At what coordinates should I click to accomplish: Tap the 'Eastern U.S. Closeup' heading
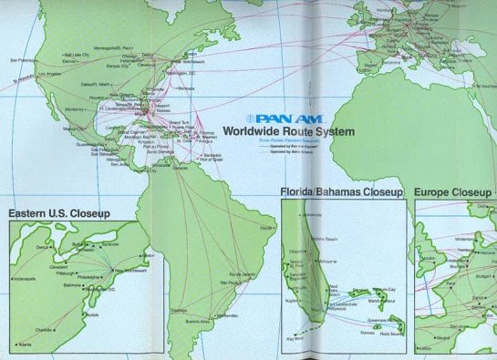click(x=59, y=213)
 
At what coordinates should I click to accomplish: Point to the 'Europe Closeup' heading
click(x=453, y=192)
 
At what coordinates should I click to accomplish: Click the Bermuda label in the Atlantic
click(x=186, y=88)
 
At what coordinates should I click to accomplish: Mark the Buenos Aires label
click(x=199, y=321)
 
